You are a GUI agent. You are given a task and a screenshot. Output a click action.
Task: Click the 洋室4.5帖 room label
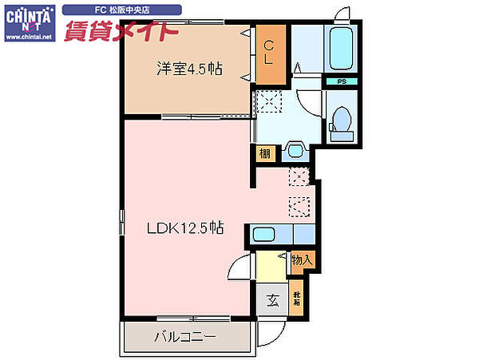tap(188, 69)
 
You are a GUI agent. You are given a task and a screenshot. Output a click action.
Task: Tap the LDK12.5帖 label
tap(184, 228)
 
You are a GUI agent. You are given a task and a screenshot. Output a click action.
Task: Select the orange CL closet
tap(270, 53)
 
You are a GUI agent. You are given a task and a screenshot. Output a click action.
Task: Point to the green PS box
tap(342, 81)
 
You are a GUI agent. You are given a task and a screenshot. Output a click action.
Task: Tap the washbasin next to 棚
tap(295, 150)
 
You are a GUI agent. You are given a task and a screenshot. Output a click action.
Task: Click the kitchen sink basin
tap(263, 234)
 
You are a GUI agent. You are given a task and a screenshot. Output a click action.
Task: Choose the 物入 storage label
tap(302, 259)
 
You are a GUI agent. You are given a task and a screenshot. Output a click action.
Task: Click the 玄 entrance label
tap(272, 301)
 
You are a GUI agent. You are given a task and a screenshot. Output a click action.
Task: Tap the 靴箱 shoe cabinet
tap(296, 301)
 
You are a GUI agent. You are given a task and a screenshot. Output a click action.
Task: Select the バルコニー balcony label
tap(184, 337)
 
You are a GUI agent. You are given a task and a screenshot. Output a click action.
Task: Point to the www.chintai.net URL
tap(27, 38)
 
